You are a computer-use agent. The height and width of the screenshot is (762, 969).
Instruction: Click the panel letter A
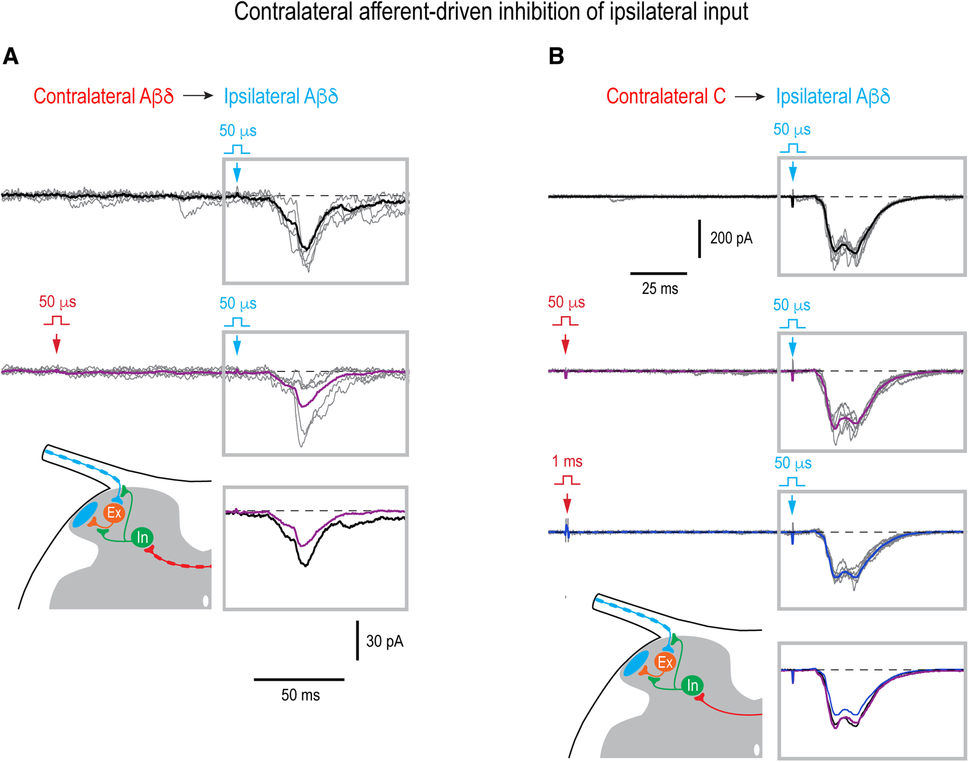(x=11, y=57)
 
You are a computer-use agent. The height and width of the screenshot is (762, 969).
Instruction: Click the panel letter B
(x=556, y=57)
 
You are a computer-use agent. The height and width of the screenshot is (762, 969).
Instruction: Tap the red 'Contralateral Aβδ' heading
(x=103, y=96)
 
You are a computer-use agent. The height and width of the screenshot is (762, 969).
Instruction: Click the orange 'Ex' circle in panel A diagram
(x=114, y=513)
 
